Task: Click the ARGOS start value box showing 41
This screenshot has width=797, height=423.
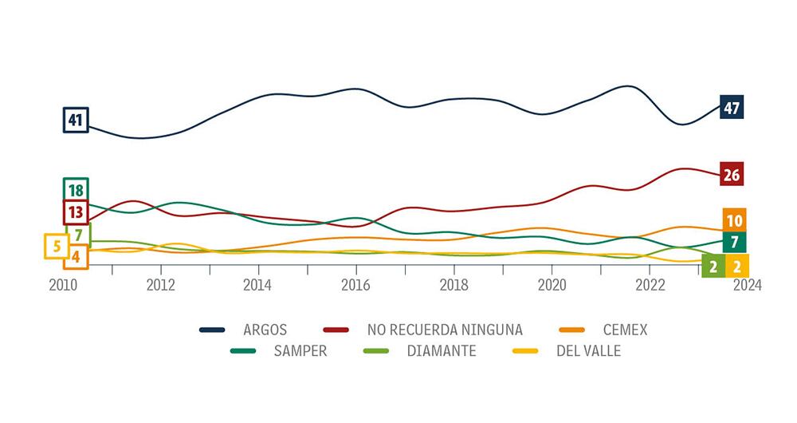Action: click(x=76, y=121)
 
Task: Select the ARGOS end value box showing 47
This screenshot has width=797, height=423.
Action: click(x=731, y=107)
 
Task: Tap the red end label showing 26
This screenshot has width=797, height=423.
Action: click(x=731, y=174)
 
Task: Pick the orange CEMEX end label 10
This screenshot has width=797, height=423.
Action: click(x=734, y=219)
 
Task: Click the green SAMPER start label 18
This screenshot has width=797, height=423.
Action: click(x=76, y=190)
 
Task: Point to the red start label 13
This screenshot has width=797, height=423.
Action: click(x=76, y=212)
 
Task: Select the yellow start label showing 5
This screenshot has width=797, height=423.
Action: click(x=57, y=246)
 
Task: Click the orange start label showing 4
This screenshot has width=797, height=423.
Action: click(x=76, y=256)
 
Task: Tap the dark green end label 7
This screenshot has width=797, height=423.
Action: click(x=734, y=242)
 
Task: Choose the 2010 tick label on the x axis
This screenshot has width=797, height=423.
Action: click(x=63, y=286)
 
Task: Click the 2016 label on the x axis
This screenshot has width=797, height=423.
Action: click(x=355, y=286)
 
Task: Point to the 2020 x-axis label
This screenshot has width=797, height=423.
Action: click(x=552, y=286)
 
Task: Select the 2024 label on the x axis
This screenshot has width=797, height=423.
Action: click(x=747, y=286)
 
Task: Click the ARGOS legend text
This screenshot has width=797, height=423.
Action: click(x=265, y=330)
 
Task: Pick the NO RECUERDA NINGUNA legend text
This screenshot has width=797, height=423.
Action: click(x=445, y=330)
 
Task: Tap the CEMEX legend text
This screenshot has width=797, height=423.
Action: click(x=625, y=330)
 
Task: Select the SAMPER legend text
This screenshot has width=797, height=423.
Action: click(x=300, y=351)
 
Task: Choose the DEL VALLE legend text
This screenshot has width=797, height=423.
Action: click(x=588, y=351)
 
